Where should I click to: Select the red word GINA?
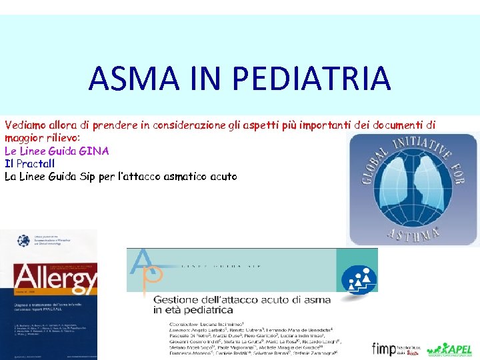94,151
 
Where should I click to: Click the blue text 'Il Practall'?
29,163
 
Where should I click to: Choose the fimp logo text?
385,348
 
